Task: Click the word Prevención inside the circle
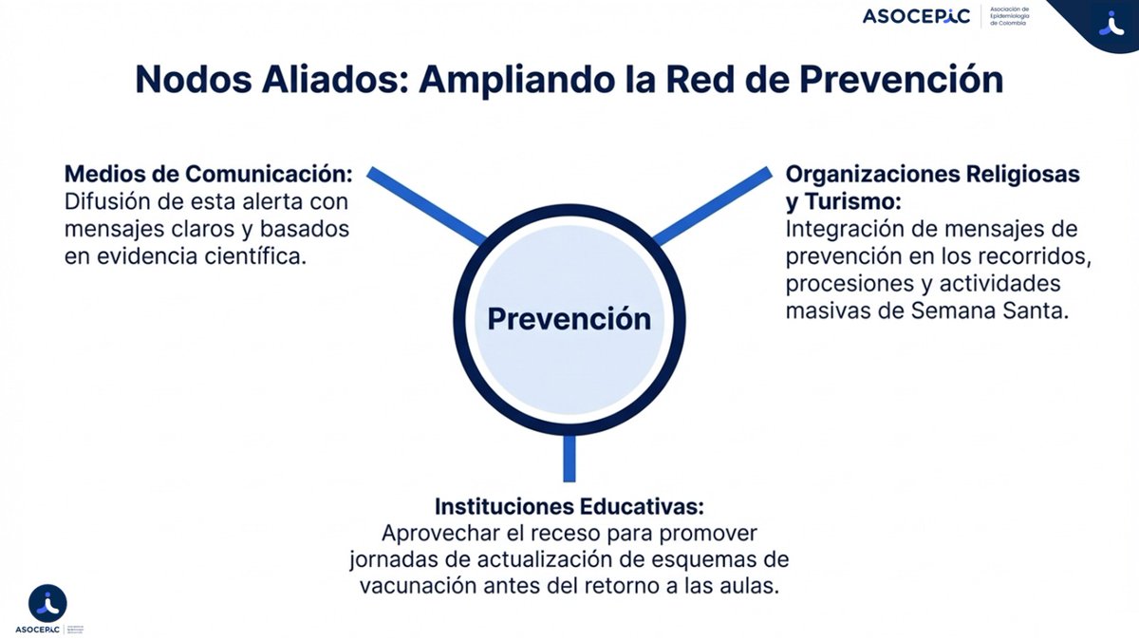tap(569, 319)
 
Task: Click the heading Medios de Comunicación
tap(209, 175)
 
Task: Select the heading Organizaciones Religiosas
tap(933, 175)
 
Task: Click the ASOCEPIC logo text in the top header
tap(916, 16)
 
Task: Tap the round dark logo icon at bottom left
tap(47, 603)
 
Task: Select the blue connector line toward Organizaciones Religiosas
tap(712, 205)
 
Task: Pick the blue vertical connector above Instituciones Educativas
tap(569, 458)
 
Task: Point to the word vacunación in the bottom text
tap(412, 586)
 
